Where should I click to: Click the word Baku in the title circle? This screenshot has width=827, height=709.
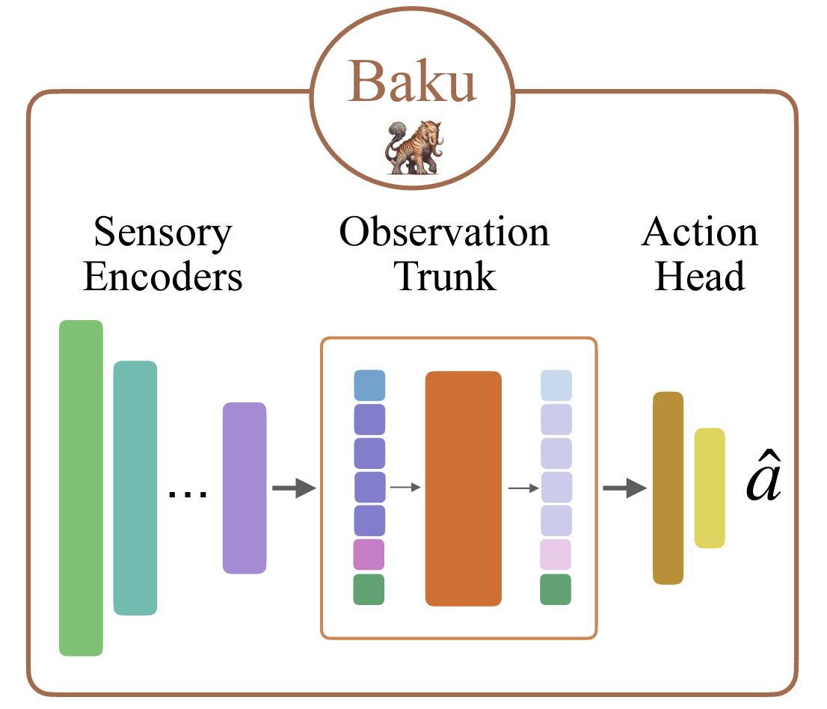tap(413, 82)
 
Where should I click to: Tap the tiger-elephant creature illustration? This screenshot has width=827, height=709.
tap(413, 147)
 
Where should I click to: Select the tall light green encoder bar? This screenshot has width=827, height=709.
tap(81, 488)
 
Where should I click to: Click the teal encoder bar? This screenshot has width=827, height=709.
tap(135, 488)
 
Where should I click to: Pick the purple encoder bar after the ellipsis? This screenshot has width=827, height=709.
tap(245, 488)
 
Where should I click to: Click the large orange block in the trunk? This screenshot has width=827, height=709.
tap(464, 488)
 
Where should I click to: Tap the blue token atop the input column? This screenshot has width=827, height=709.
tap(369, 385)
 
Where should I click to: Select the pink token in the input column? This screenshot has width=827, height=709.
tap(369, 554)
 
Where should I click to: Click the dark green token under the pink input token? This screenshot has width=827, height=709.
tap(369, 589)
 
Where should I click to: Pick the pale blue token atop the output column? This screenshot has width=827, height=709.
tap(556, 385)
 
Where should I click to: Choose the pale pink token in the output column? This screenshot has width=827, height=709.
tap(556, 554)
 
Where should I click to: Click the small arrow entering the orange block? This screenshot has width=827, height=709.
tap(406, 488)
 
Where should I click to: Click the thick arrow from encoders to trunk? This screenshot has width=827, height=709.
tap(293, 490)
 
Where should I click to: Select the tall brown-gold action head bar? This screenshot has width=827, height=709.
tap(668, 488)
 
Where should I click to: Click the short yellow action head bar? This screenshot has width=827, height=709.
tap(710, 488)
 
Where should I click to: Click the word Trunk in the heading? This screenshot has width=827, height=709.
tap(445, 277)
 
